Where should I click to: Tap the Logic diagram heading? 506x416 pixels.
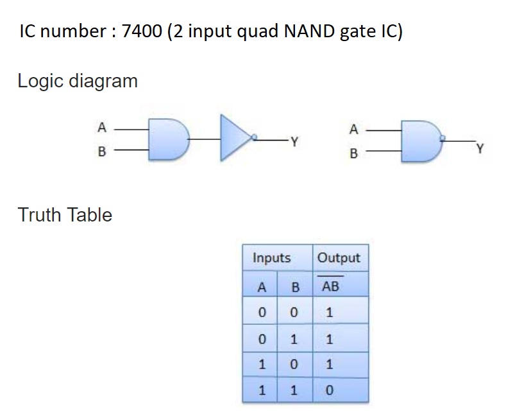pos(78,82)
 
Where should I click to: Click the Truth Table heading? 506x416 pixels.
pos(65,214)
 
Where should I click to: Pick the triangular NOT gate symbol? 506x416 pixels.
pos(236,137)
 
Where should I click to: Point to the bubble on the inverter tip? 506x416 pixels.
pos(255,137)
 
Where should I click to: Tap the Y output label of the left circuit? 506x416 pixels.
pos(294,141)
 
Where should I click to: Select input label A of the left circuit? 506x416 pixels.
pos(101,127)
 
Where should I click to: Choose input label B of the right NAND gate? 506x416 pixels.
pos(352,154)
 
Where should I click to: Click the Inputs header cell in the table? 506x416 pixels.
pos(272,258)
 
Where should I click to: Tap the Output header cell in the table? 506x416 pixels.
pos(339,258)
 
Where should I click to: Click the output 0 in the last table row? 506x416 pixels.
pos(330,390)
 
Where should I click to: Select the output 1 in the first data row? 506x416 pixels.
pos(330,313)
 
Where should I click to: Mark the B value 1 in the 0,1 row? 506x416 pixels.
pos(295,339)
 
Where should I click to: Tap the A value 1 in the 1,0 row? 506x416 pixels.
pos(261,365)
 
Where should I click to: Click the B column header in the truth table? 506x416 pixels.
pos(295,287)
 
